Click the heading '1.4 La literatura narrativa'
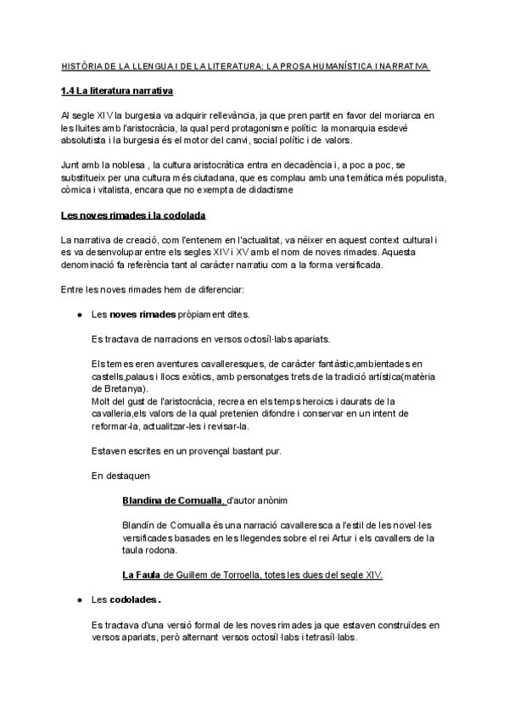[118, 92]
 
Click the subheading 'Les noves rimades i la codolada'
[133, 215]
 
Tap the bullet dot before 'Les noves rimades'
[79, 315]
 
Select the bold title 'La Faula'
[142, 575]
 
